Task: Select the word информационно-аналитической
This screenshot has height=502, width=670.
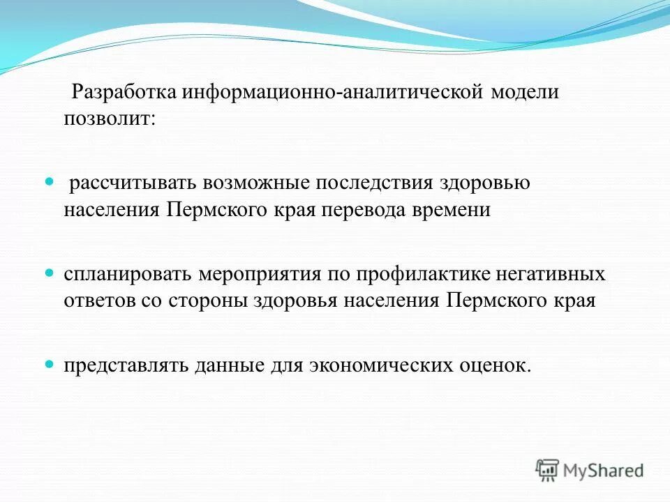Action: [x=334, y=93]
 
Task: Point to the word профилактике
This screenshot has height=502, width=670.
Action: [x=415, y=274]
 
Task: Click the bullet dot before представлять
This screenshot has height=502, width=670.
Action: [x=49, y=364]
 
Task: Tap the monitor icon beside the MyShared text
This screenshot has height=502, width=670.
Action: [x=548, y=471]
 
